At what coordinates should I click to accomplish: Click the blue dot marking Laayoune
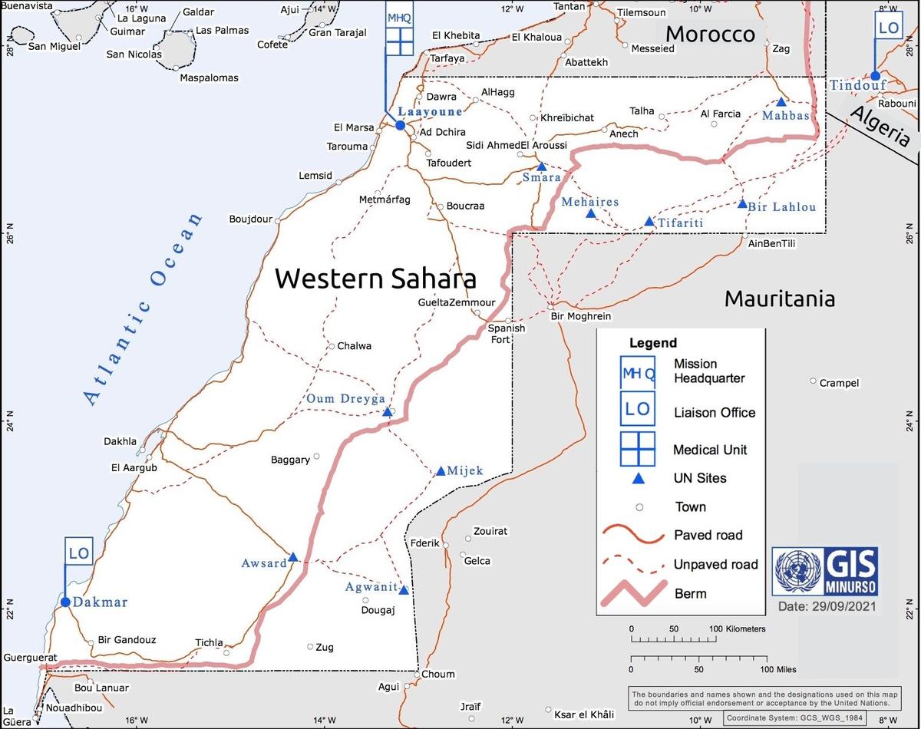[x=400, y=125]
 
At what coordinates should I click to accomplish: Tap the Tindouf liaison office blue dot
[x=875, y=75]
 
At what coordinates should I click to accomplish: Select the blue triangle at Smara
[x=541, y=166]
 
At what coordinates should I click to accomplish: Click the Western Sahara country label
[x=375, y=278]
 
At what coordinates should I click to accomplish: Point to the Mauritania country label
[x=779, y=299]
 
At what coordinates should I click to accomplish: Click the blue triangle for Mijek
[x=441, y=471]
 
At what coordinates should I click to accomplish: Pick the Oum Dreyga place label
[x=345, y=399]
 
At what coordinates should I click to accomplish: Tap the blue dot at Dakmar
[x=65, y=602]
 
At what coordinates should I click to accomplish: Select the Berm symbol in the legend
[x=637, y=593]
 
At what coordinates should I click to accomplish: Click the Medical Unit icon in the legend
[x=637, y=450]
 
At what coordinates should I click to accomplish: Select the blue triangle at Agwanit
[x=404, y=590]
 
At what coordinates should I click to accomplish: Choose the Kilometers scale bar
[x=673, y=638]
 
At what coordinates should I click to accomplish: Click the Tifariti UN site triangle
[x=649, y=222]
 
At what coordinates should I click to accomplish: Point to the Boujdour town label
[x=251, y=219]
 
